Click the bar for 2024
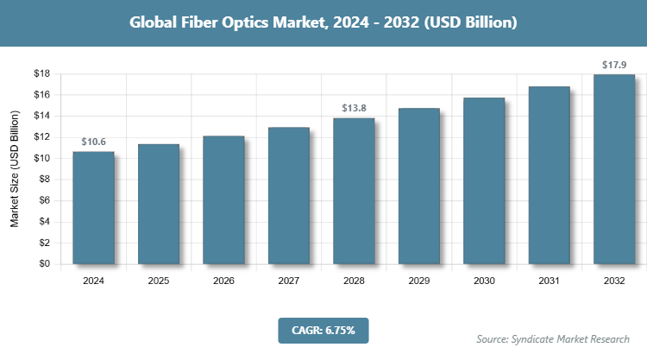(x=93, y=207)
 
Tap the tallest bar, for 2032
(x=614, y=169)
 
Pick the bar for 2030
(x=484, y=180)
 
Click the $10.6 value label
(x=94, y=142)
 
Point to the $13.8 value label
(x=354, y=108)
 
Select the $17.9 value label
(x=614, y=65)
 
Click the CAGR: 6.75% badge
(x=323, y=330)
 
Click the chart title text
(x=323, y=22)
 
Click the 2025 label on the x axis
(x=159, y=281)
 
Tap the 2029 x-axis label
(x=419, y=281)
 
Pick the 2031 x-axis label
(x=550, y=281)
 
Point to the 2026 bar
(x=223, y=199)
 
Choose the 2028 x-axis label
(x=354, y=281)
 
